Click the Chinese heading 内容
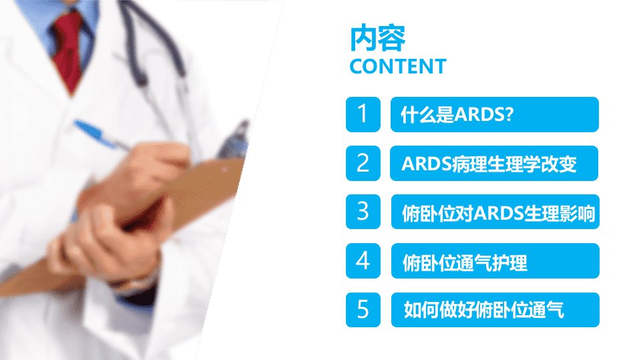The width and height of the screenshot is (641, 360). tap(378, 38)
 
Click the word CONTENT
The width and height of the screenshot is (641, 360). tap(398, 67)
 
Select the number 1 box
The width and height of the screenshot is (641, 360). tap(363, 115)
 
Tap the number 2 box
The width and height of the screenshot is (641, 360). tap(363, 163)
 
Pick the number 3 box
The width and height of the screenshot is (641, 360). tap(363, 212)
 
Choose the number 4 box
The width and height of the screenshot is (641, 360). tap(363, 260)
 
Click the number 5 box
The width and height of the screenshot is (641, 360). tap(363, 310)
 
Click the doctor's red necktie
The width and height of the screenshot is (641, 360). tap(67, 49)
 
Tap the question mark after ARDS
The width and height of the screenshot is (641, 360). tap(509, 115)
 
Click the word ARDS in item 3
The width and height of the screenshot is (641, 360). tap(499, 213)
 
